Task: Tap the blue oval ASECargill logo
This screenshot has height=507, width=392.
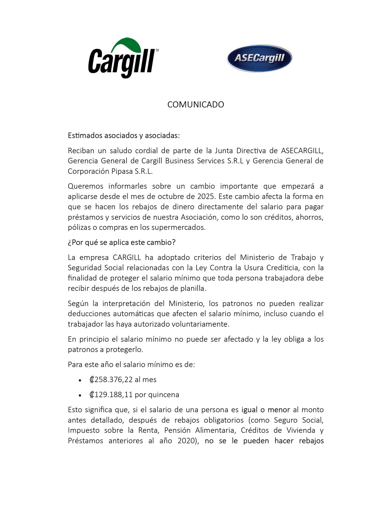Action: [259, 58]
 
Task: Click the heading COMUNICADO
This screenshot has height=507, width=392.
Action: [196, 105]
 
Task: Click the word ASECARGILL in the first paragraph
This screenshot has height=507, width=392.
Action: [302, 151]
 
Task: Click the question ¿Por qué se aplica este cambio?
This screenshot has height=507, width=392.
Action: [122, 242]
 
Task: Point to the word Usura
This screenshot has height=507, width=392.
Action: [253, 267]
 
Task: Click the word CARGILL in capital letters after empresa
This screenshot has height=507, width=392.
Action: [127, 257]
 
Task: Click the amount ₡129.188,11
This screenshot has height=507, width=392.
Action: [111, 395]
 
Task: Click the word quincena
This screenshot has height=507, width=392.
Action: [164, 395]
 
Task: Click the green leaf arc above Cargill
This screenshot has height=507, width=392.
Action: [126, 44]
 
